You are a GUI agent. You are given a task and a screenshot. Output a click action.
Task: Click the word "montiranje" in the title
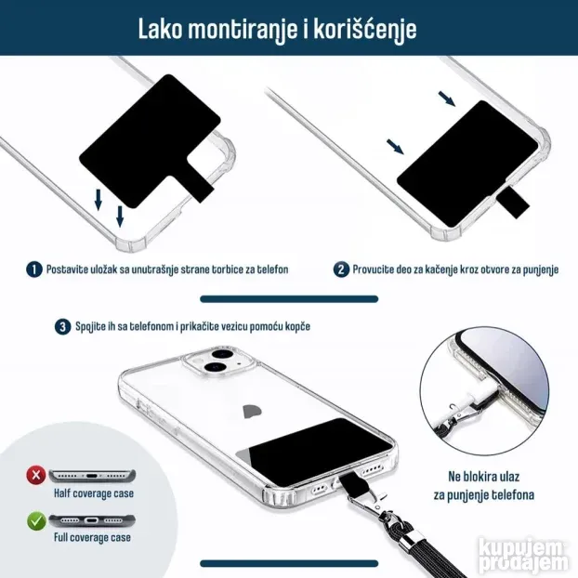[x=243, y=30]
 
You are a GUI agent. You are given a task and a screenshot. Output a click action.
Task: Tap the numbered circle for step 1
[x=34, y=269]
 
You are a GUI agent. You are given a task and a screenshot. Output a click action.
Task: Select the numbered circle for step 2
[x=341, y=269]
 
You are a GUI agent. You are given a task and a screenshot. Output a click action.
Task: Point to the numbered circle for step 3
[x=62, y=327]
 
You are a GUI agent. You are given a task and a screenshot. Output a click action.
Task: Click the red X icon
[x=36, y=475]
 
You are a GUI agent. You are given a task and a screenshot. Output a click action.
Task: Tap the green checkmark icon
[x=36, y=521]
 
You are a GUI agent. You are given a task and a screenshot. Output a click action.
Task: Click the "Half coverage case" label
[x=94, y=493]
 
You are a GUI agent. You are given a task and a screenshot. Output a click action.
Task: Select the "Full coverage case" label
[x=92, y=537]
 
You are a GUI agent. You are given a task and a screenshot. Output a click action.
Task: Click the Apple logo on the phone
[x=253, y=411]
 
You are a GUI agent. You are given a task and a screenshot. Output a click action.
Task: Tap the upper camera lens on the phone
[x=223, y=355]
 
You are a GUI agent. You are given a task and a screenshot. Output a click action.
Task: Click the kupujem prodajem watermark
[x=524, y=557]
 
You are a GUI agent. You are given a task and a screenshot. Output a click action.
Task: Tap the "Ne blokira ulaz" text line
[x=483, y=477]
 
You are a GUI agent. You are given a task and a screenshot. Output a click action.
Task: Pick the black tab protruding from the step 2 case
[x=513, y=203]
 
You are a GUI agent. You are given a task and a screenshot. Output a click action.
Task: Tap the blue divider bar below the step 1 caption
[x=289, y=299]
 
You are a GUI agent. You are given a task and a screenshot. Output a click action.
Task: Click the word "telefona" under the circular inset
[x=513, y=494]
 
